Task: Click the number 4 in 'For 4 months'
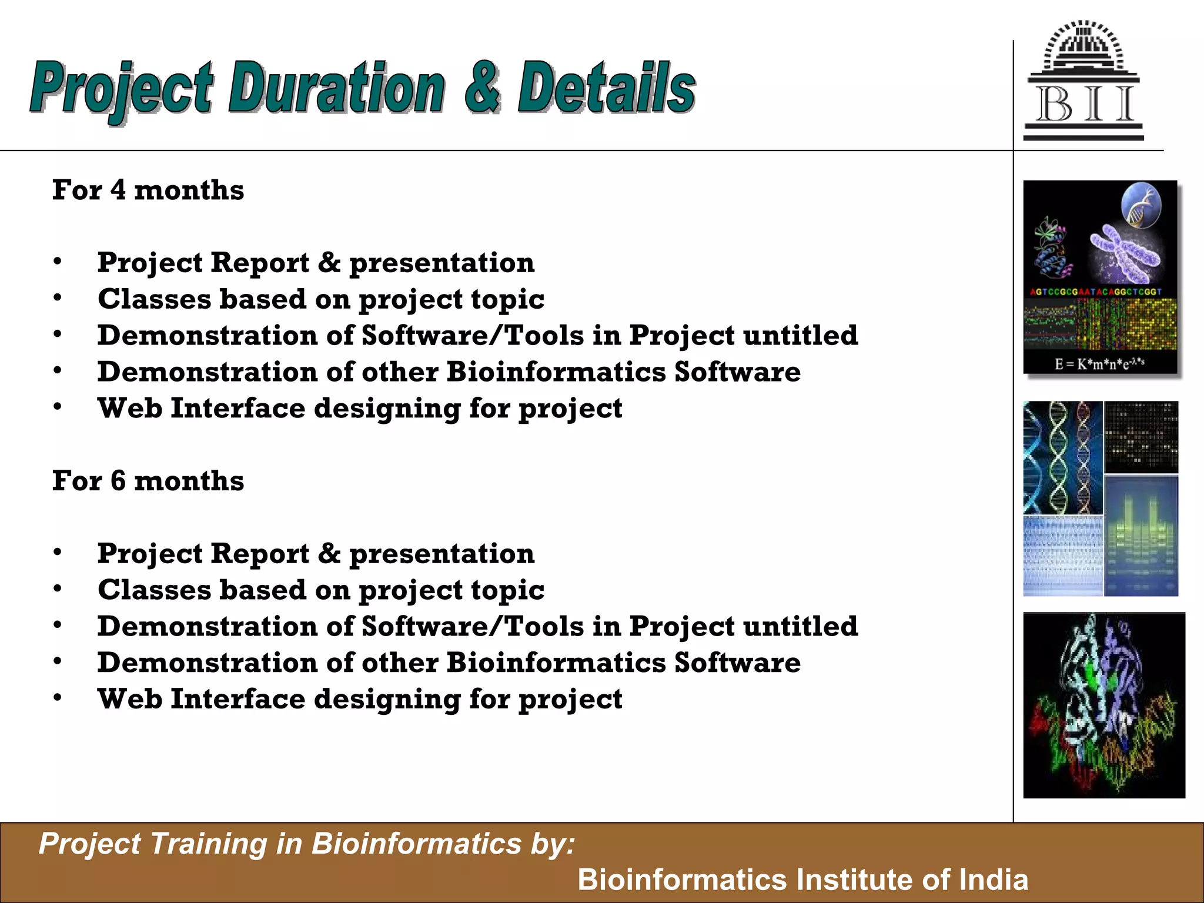click(118, 190)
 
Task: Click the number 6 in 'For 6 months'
click(118, 481)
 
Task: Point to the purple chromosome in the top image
click(1124, 253)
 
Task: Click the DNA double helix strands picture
click(1062, 457)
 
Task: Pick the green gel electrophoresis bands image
click(1141, 535)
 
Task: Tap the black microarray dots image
click(1141, 437)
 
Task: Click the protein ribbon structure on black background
click(1103, 705)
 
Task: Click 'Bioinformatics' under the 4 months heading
click(556, 372)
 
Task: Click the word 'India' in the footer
click(994, 879)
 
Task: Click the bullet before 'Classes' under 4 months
click(57, 299)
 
